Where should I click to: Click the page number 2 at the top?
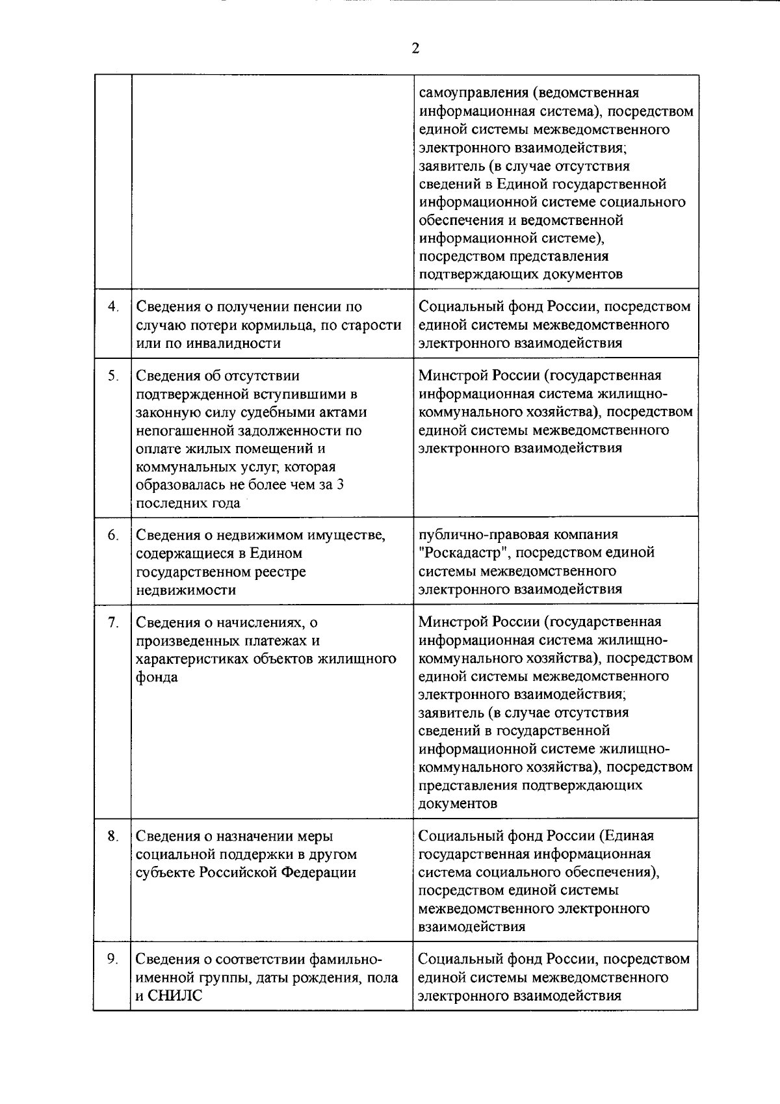[x=415, y=48]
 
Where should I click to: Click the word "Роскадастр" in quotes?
[x=461, y=553]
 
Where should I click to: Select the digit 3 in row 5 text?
[x=340, y=484]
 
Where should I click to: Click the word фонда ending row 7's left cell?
[x=157, y=677]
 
